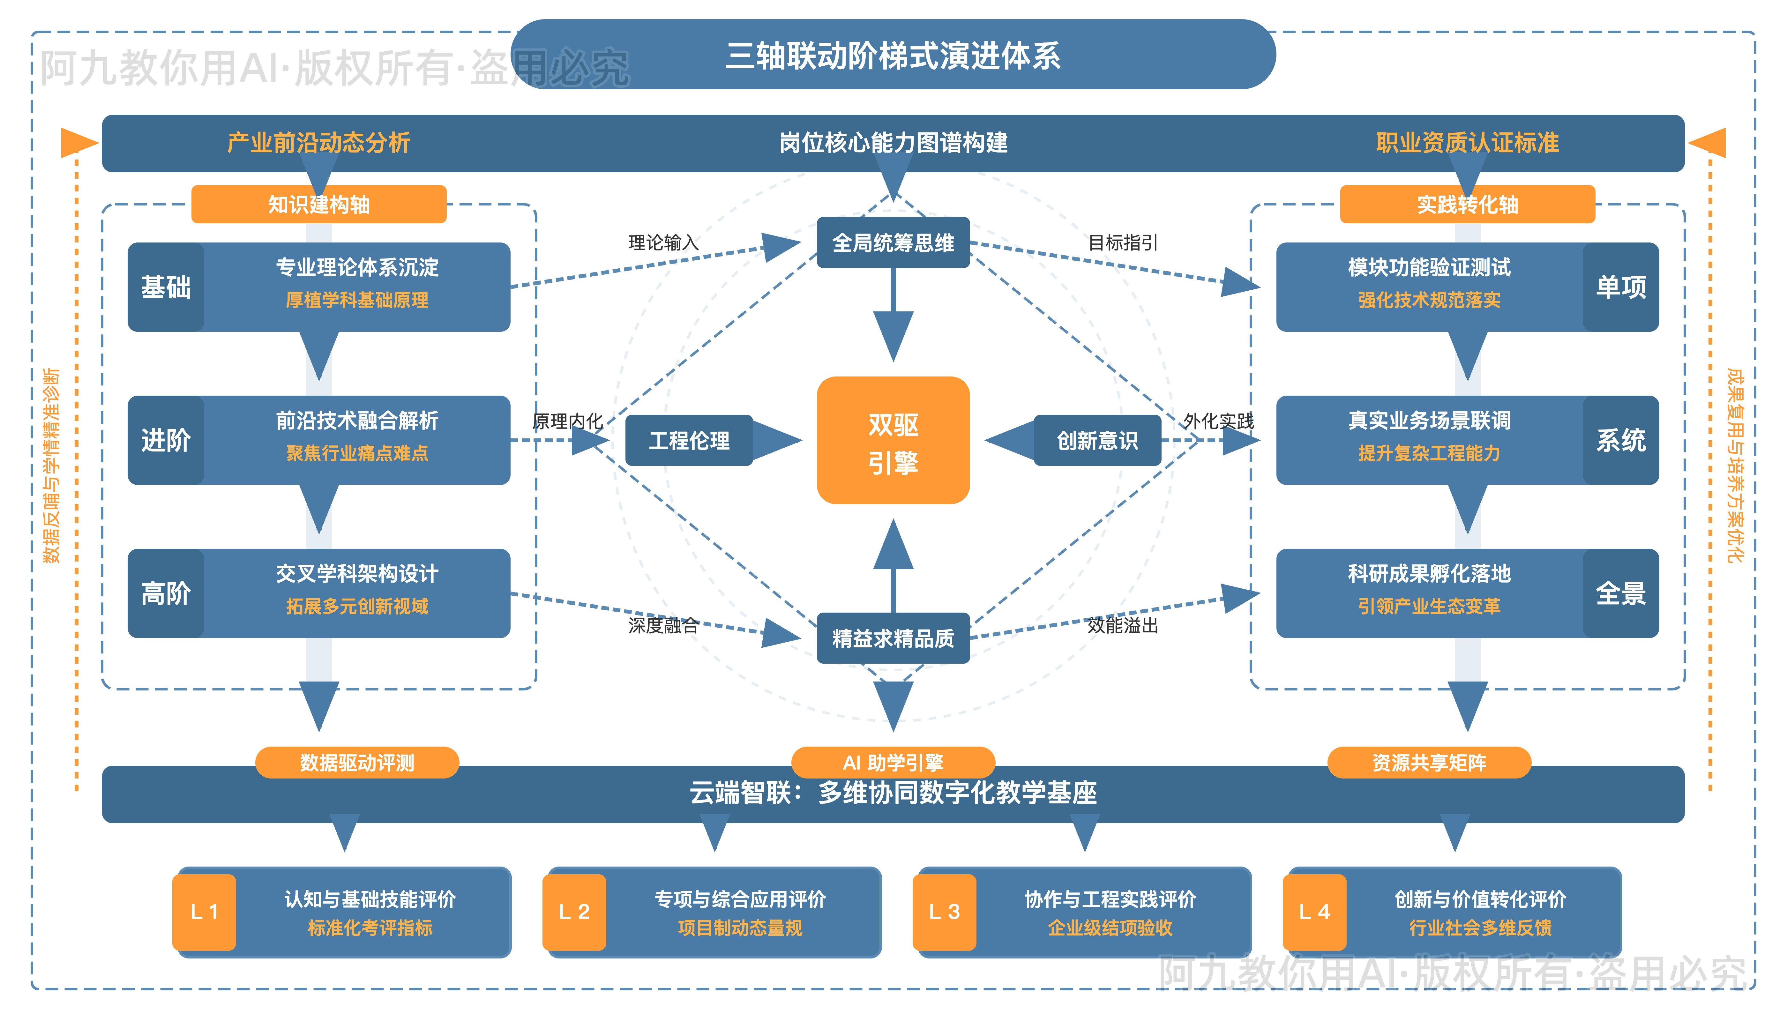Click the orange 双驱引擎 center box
(x=893, y=440)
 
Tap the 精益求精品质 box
(x=893, y=638)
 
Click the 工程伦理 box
(x=689, y=440)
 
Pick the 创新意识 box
(x=1097, y=440)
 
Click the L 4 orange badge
(x=1314, y=912)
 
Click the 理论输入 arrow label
(x=663, y=242)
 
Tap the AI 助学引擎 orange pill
(x=893, y=762)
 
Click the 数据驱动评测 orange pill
(x=357, y=762)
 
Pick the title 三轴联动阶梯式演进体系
(x=893, y=56)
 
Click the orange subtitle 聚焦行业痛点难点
(x=357, y=453)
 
